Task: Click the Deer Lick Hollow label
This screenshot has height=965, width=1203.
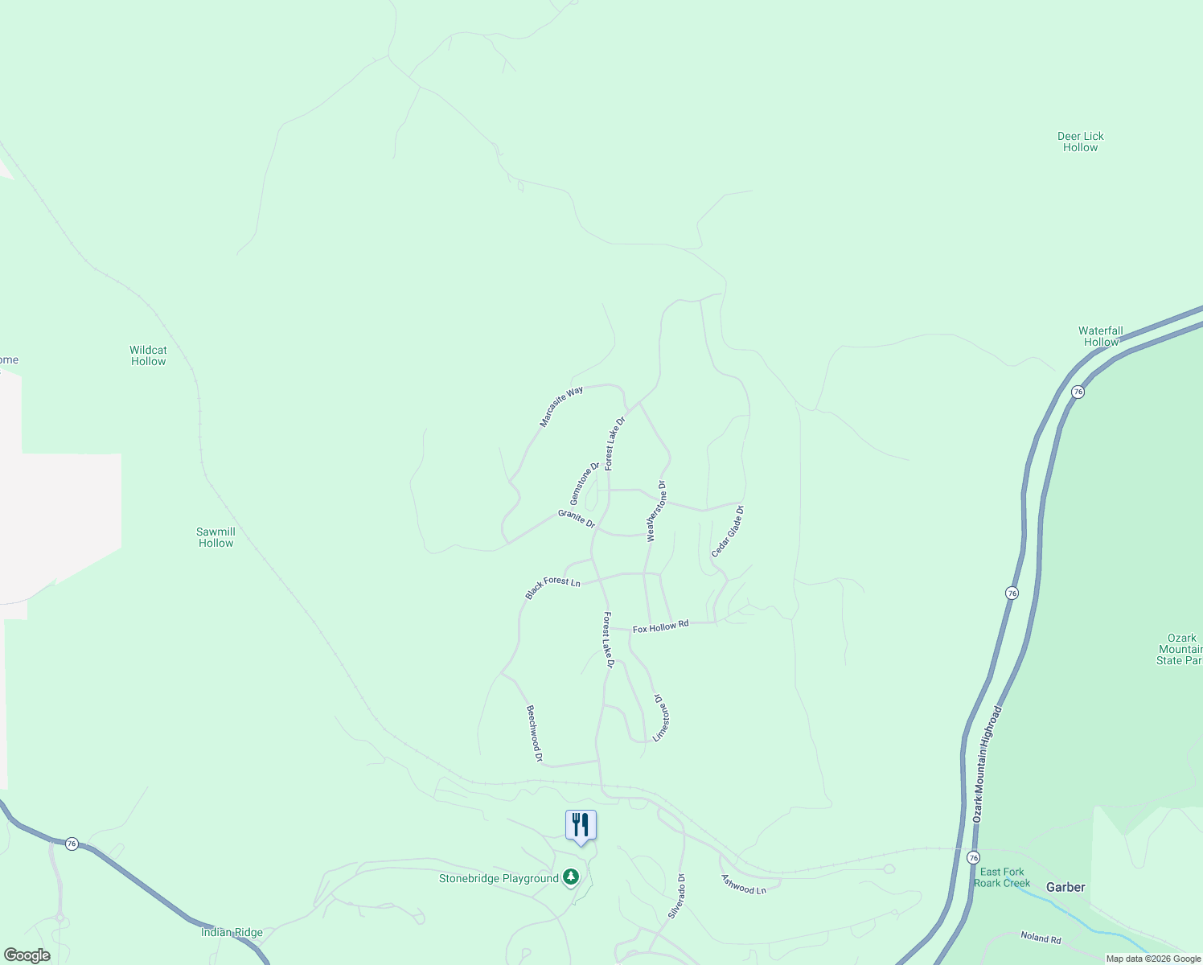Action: pos(1080,142)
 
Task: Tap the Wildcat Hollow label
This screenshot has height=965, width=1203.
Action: pos(148,355)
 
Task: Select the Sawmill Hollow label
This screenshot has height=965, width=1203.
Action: pos(216,537)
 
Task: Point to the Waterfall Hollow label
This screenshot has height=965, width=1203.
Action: pos(1100,336)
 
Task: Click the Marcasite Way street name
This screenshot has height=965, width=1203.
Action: pos(561,407)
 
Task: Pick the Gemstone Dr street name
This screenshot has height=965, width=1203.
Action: pos(585,483)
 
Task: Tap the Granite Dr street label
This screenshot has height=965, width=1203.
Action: pos(577,519)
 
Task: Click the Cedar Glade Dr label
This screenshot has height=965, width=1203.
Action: pos(728,532)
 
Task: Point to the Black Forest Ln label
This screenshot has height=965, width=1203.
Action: pos(552,587)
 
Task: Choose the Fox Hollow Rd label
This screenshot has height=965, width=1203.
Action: pos(660,626)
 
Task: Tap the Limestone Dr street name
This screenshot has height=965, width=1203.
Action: pos(661,717)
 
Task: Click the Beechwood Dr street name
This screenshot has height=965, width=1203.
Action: pos(535,733)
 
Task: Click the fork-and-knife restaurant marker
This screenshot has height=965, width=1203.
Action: pos(581,826)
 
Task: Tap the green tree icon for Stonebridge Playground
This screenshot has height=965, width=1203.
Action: pos(571,877)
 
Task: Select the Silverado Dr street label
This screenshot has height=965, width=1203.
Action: pos(676,897)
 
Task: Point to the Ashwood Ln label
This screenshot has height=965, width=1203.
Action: pos(744,885)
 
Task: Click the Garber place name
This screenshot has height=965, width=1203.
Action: pos(1065,887)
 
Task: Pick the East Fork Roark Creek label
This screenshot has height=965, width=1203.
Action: pos(1002,877)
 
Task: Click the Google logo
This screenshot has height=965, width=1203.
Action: pos(27,955)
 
